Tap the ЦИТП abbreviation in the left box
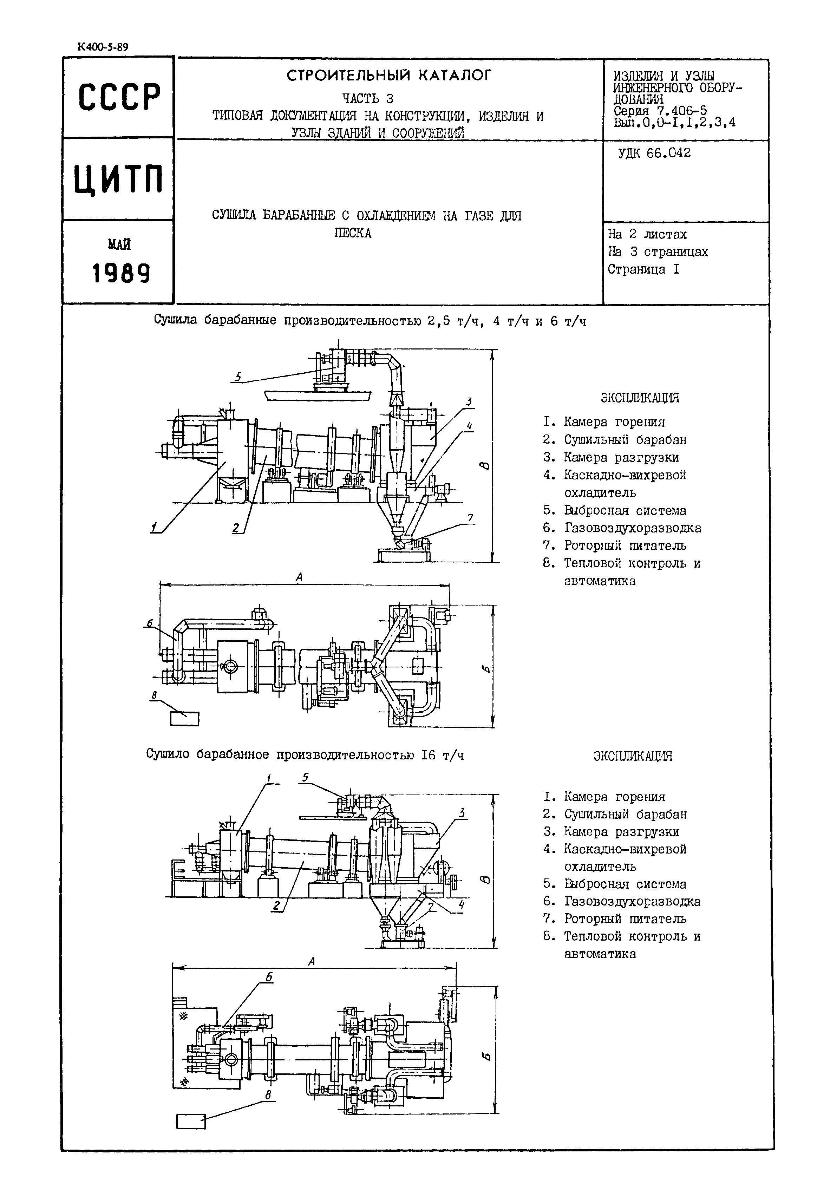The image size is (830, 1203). pos(119,179)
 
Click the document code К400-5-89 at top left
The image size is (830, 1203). pos(103,47)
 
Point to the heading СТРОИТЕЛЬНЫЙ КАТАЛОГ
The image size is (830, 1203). pos(388,76)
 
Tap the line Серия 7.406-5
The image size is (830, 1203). pos(660,111)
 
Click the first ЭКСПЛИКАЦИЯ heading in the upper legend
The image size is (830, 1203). pos(640,398)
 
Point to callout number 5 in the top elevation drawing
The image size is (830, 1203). pos(238,377)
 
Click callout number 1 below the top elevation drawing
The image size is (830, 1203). pos(154,528)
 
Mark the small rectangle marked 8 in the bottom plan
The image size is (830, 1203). pos(191,1122)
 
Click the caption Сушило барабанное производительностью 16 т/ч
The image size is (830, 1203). pos(305,754)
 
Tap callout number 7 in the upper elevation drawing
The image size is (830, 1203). pos(471,518)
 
